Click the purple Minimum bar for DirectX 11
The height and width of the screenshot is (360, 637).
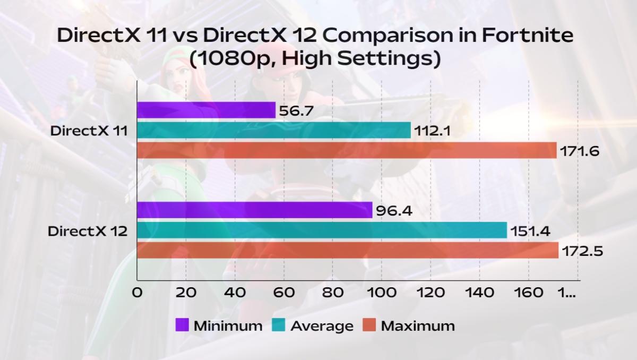tap(206, 110)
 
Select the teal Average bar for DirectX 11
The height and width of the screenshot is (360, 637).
tap(274, 130)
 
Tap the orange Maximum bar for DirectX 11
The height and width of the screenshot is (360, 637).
tap(347, 150)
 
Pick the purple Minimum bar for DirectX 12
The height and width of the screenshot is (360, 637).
tap(254, 210)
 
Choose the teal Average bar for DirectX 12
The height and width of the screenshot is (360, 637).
tap(322, 230)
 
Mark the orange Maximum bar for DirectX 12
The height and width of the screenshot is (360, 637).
tap(348, 250)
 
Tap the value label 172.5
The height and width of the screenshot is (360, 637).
tap(583, 251)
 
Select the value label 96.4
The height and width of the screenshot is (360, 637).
tap(394, 211)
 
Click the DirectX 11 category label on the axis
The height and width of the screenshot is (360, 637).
tap(89, 131)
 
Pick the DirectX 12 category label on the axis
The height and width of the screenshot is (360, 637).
tap(87, 231)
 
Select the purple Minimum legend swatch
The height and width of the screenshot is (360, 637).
tap(182, 325)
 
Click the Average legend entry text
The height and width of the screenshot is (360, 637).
tap(322, 325)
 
